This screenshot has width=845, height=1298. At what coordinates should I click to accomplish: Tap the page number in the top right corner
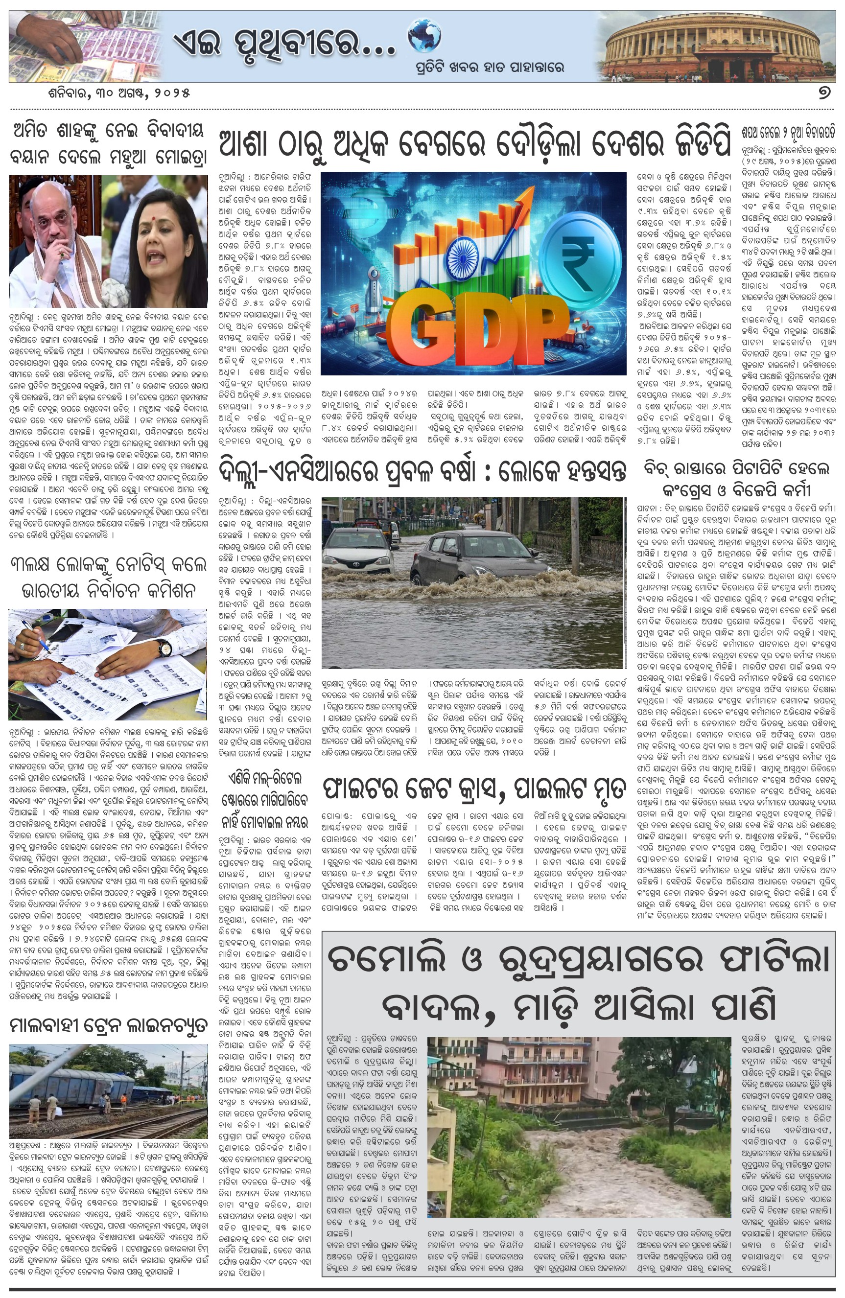point(824,93)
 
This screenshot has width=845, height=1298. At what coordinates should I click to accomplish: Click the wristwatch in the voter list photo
point(164,649)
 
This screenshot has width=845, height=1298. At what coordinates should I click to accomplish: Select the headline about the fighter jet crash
point(473,789)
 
